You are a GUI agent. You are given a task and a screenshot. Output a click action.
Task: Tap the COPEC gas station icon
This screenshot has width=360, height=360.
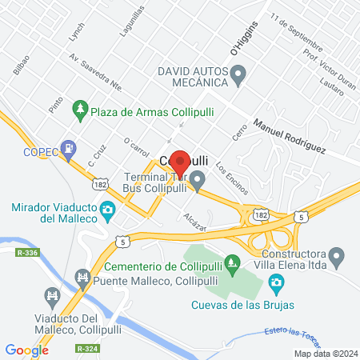coord(70,148)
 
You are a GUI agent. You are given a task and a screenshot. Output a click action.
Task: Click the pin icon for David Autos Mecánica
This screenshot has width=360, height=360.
coord(237,76)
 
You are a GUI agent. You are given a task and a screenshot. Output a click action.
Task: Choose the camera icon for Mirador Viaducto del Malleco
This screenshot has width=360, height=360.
coord(106,211)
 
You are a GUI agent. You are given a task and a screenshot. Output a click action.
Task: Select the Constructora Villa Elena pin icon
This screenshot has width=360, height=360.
coord(337,258)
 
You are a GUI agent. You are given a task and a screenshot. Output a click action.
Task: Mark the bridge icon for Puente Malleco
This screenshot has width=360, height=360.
coord(81,277)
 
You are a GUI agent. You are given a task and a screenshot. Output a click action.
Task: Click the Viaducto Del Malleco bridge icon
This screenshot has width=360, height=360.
coord(53,298)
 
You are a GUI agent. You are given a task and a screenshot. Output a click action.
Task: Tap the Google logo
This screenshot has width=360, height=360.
coord(26,350)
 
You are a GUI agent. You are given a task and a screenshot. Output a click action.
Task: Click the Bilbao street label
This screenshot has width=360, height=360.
coord(22,65)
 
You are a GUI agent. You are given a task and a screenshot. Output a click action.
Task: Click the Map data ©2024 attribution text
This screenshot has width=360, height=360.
coord(325,353)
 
